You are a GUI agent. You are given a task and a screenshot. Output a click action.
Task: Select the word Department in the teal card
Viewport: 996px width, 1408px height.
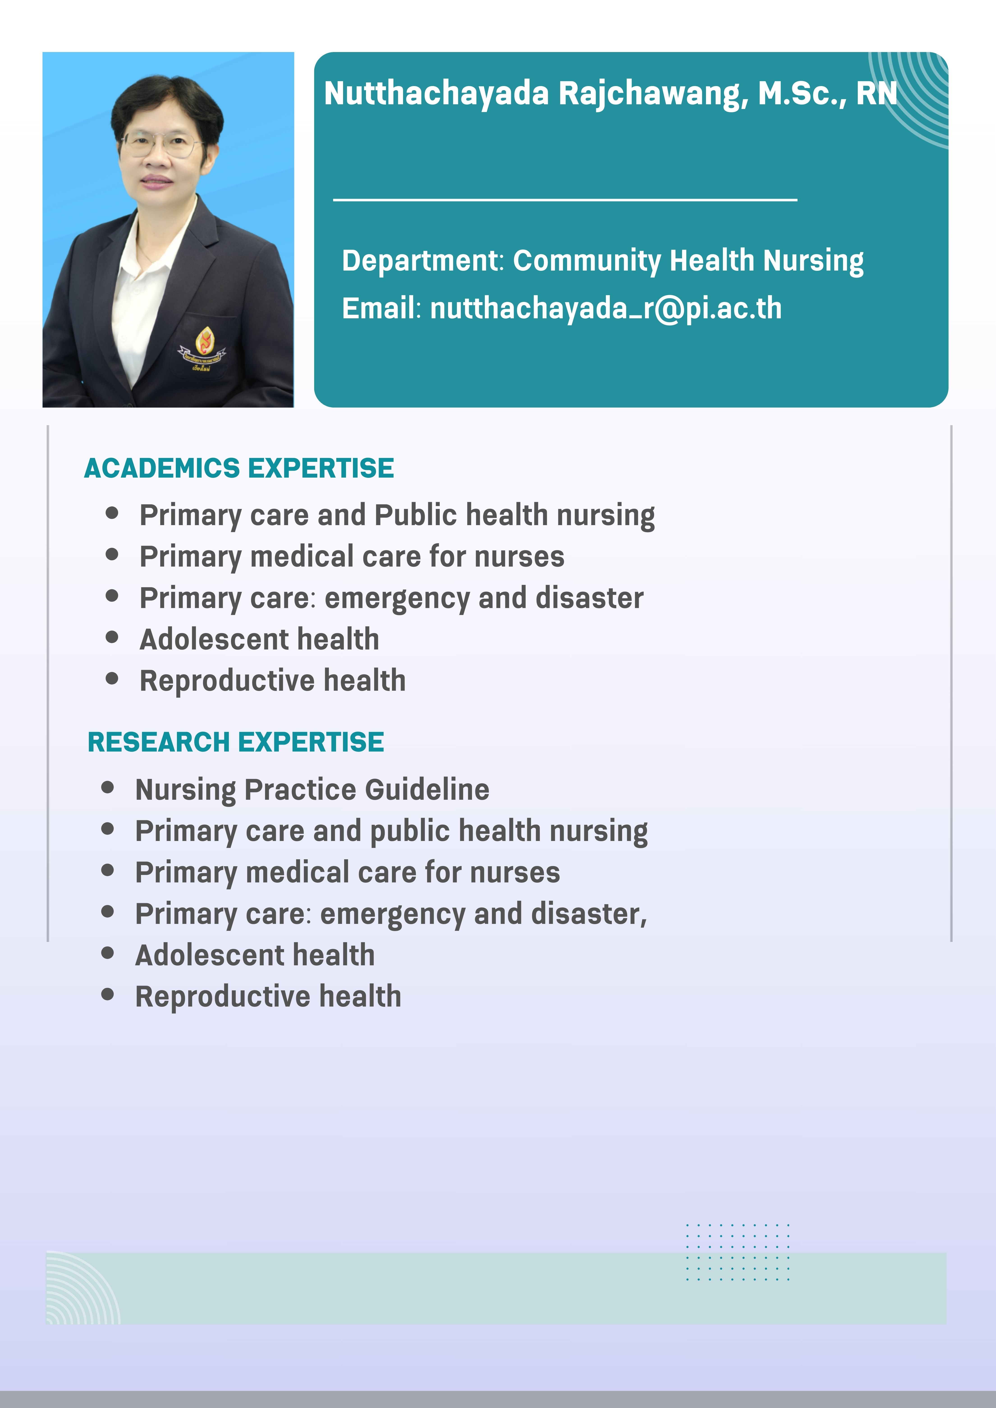click(x=421, y=261)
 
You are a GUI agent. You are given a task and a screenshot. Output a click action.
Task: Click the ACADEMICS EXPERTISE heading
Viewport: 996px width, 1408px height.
click(x=239, y=468)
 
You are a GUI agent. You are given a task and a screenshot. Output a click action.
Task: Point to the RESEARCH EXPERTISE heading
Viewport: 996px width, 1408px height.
click(x=236, y=742)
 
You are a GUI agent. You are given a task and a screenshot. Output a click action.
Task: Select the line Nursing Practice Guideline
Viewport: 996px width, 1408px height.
click(x=312, y=789)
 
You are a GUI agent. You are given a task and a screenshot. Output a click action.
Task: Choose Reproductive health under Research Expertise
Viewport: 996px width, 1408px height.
click(x=268, y=996)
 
